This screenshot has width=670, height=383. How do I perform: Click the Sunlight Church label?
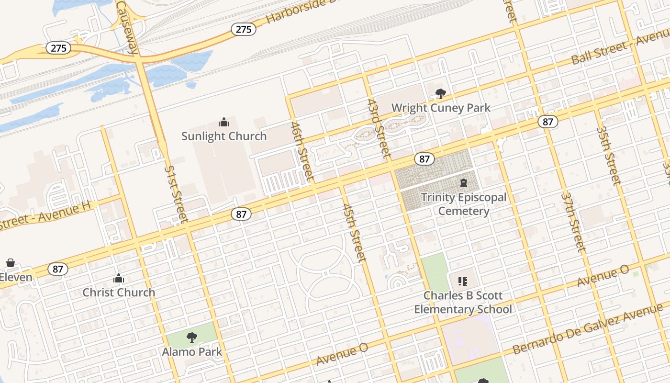(x=224, y=136)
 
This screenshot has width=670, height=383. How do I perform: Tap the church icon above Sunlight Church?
(x=223, y=123)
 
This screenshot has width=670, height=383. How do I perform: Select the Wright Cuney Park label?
(x=441, y=108)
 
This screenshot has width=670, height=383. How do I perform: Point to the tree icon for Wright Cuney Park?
(x=440, y=94)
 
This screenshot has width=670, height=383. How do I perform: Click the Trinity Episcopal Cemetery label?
(x=463, y=204)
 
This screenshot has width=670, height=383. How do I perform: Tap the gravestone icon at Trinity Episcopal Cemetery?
(x=463, y=183)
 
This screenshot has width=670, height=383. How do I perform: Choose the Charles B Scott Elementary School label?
(x=463, y=303)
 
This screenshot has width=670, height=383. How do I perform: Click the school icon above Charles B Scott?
(x=462, y=282)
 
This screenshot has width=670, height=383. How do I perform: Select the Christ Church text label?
(x=119, y=293)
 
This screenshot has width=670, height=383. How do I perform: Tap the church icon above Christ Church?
(x=119, y=279)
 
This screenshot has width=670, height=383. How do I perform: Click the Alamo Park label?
(x=192, y=352)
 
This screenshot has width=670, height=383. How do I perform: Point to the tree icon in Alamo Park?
(x=192, y=338)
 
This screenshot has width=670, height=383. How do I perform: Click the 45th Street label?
(x=355, y=233)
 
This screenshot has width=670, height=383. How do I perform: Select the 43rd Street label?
(x=378, y=128)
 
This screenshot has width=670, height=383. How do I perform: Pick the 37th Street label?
(x=573, y=223)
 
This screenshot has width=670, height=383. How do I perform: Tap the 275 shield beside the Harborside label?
(x=244, y=29)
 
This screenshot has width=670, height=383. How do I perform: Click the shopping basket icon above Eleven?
(x=10, y=263)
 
